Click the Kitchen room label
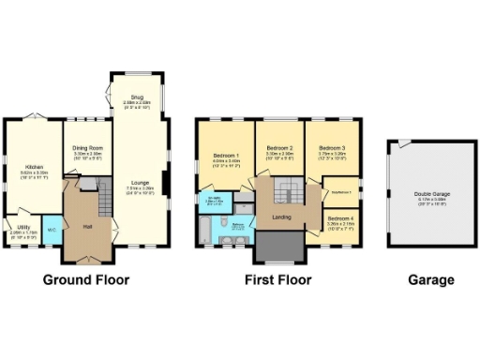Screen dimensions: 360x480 coord(35,165)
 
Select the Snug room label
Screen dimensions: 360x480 coord(137,97)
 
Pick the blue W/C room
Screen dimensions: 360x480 coord(52,229)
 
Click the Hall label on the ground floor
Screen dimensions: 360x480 coord(88,227)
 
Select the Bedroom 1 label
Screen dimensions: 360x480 coord(227,157)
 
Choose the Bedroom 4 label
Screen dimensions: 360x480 coord(339,221)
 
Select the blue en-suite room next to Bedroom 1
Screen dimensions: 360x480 coord(209,201)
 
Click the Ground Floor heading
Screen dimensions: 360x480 coord(84,279)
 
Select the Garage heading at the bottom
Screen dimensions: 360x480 coord(430,279)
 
